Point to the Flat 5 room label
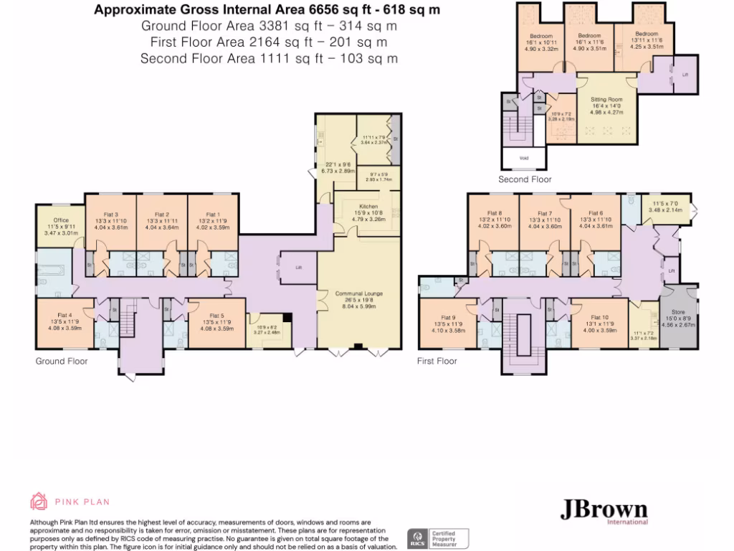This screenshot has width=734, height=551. pyautogui.click(x=216, y=316)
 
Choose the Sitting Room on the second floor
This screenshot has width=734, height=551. pyautogui.click(x=606, y=100)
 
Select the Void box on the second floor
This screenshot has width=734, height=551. pyautogui.click(x=525, y=156)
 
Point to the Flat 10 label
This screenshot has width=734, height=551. pyautogui.click(x=599, y=318)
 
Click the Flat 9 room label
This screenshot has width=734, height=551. pyautogui.click(x=448, y=318)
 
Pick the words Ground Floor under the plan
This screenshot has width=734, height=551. pyautogui.click(x=62, y=361)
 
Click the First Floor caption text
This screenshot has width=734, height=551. pyautogui.click(x=437, y=361)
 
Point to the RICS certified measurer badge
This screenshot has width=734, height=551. pyautogui.click(x=439, y=537)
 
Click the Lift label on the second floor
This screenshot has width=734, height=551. pyautogui.click(x=685, y=75)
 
